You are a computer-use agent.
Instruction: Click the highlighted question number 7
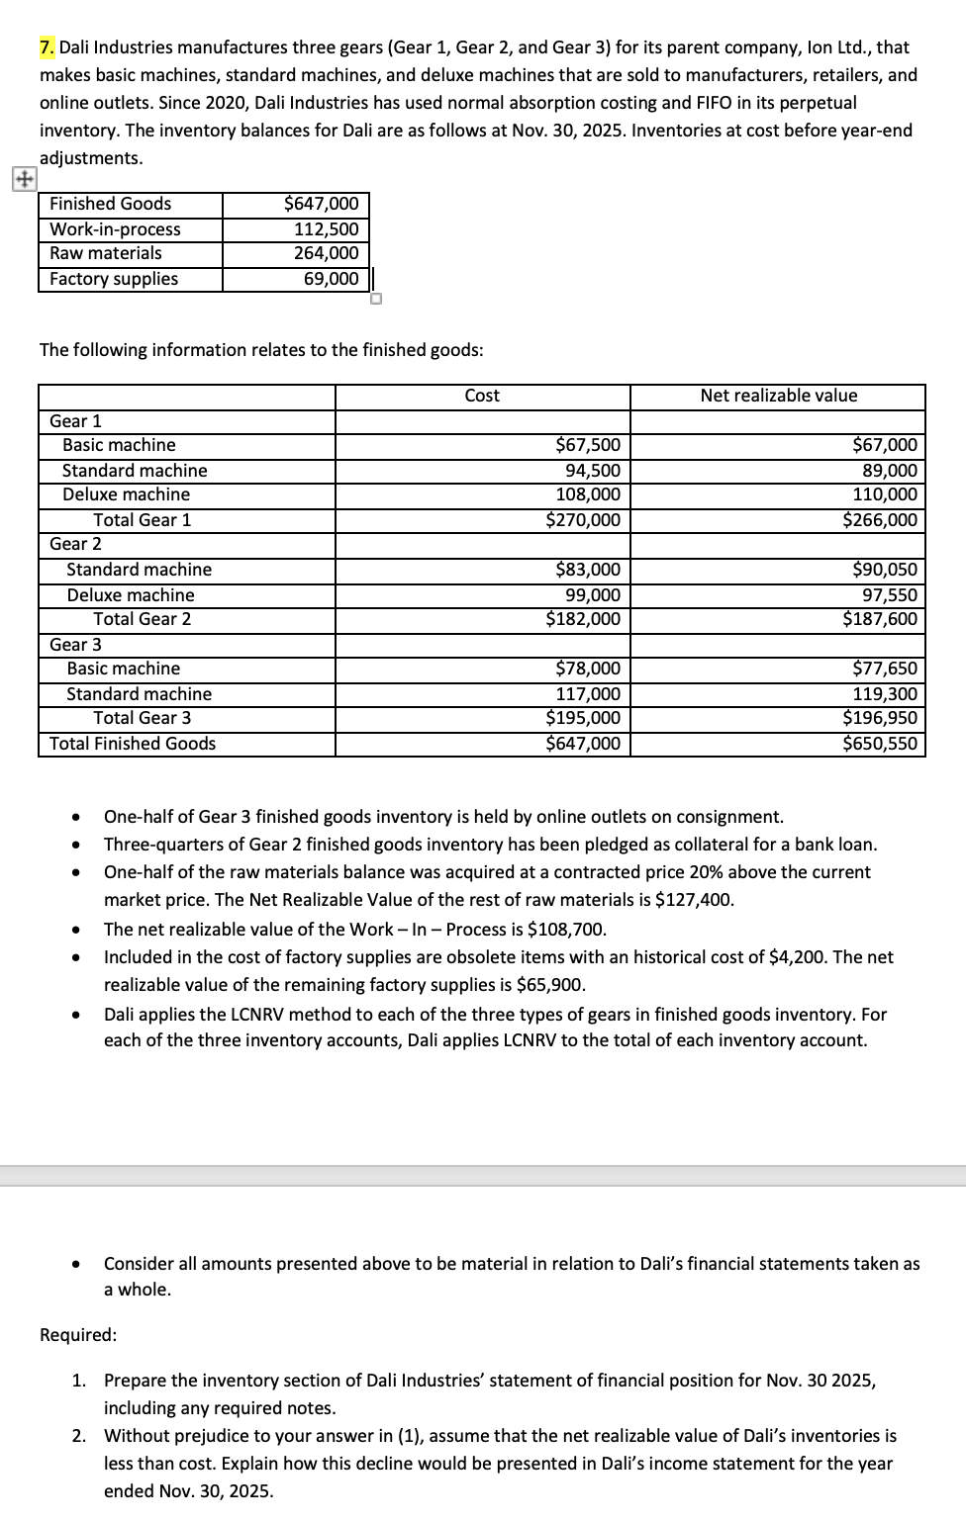(x=47, y=46)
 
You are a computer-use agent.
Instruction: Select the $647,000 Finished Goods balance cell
(x=322, y=204)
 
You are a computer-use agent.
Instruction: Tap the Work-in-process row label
(x=115, y=229)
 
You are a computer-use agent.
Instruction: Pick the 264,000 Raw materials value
(x=327, y=253)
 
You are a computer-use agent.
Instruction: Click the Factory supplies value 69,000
(x=332, y=279)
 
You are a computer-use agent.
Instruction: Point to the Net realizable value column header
(x=778, y=396)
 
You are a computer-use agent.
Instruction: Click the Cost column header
(x=482, y=396)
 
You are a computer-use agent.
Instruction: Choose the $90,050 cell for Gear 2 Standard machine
(x=885, y=570)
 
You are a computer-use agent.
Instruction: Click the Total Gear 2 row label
(x=143, y=619)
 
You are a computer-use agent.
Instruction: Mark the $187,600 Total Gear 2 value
(x=880, y=619)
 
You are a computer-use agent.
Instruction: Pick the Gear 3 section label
(x=75, y=645)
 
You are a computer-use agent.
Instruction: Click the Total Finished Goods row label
(x=133, y=744)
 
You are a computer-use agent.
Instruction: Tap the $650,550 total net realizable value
(x=880, y=744)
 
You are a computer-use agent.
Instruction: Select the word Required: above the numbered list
(x=78, y=1335)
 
